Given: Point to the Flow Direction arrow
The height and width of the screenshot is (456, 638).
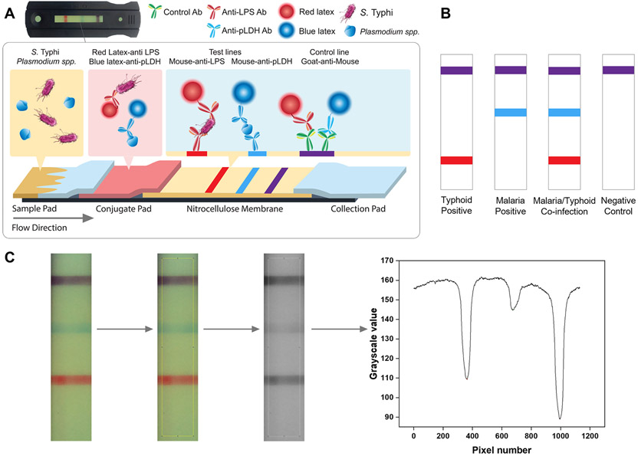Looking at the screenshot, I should tap(54, 218).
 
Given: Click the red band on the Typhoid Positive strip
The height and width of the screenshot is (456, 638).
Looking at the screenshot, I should tap(456, 160).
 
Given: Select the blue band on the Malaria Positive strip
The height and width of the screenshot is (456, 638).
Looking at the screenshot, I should tap(510, 113).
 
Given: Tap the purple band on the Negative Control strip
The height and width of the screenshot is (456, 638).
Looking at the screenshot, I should tap(618, 71).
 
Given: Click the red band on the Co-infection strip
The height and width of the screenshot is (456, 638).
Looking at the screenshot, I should tap(564, 160).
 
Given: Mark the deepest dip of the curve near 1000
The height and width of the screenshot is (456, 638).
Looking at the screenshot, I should tap(561, 418).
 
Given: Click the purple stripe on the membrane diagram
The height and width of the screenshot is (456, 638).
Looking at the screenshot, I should tap(275, 179).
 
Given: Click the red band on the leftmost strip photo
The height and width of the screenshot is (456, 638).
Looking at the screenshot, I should tap(72, 379).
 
